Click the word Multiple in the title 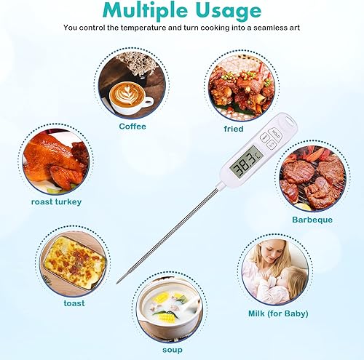click(145, 10)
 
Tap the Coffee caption click(132, 127)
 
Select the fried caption click(234, 129)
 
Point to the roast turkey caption click(56, 201)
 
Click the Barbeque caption click(312, 220)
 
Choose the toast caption click(74, 303)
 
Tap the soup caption click(173, 350)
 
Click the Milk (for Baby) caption click(278, 313)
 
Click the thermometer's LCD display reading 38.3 click(245, 161)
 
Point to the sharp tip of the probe click(117, 282)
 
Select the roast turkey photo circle click(56, 161)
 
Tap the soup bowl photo click(170, 308)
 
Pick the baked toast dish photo click(74, 262)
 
